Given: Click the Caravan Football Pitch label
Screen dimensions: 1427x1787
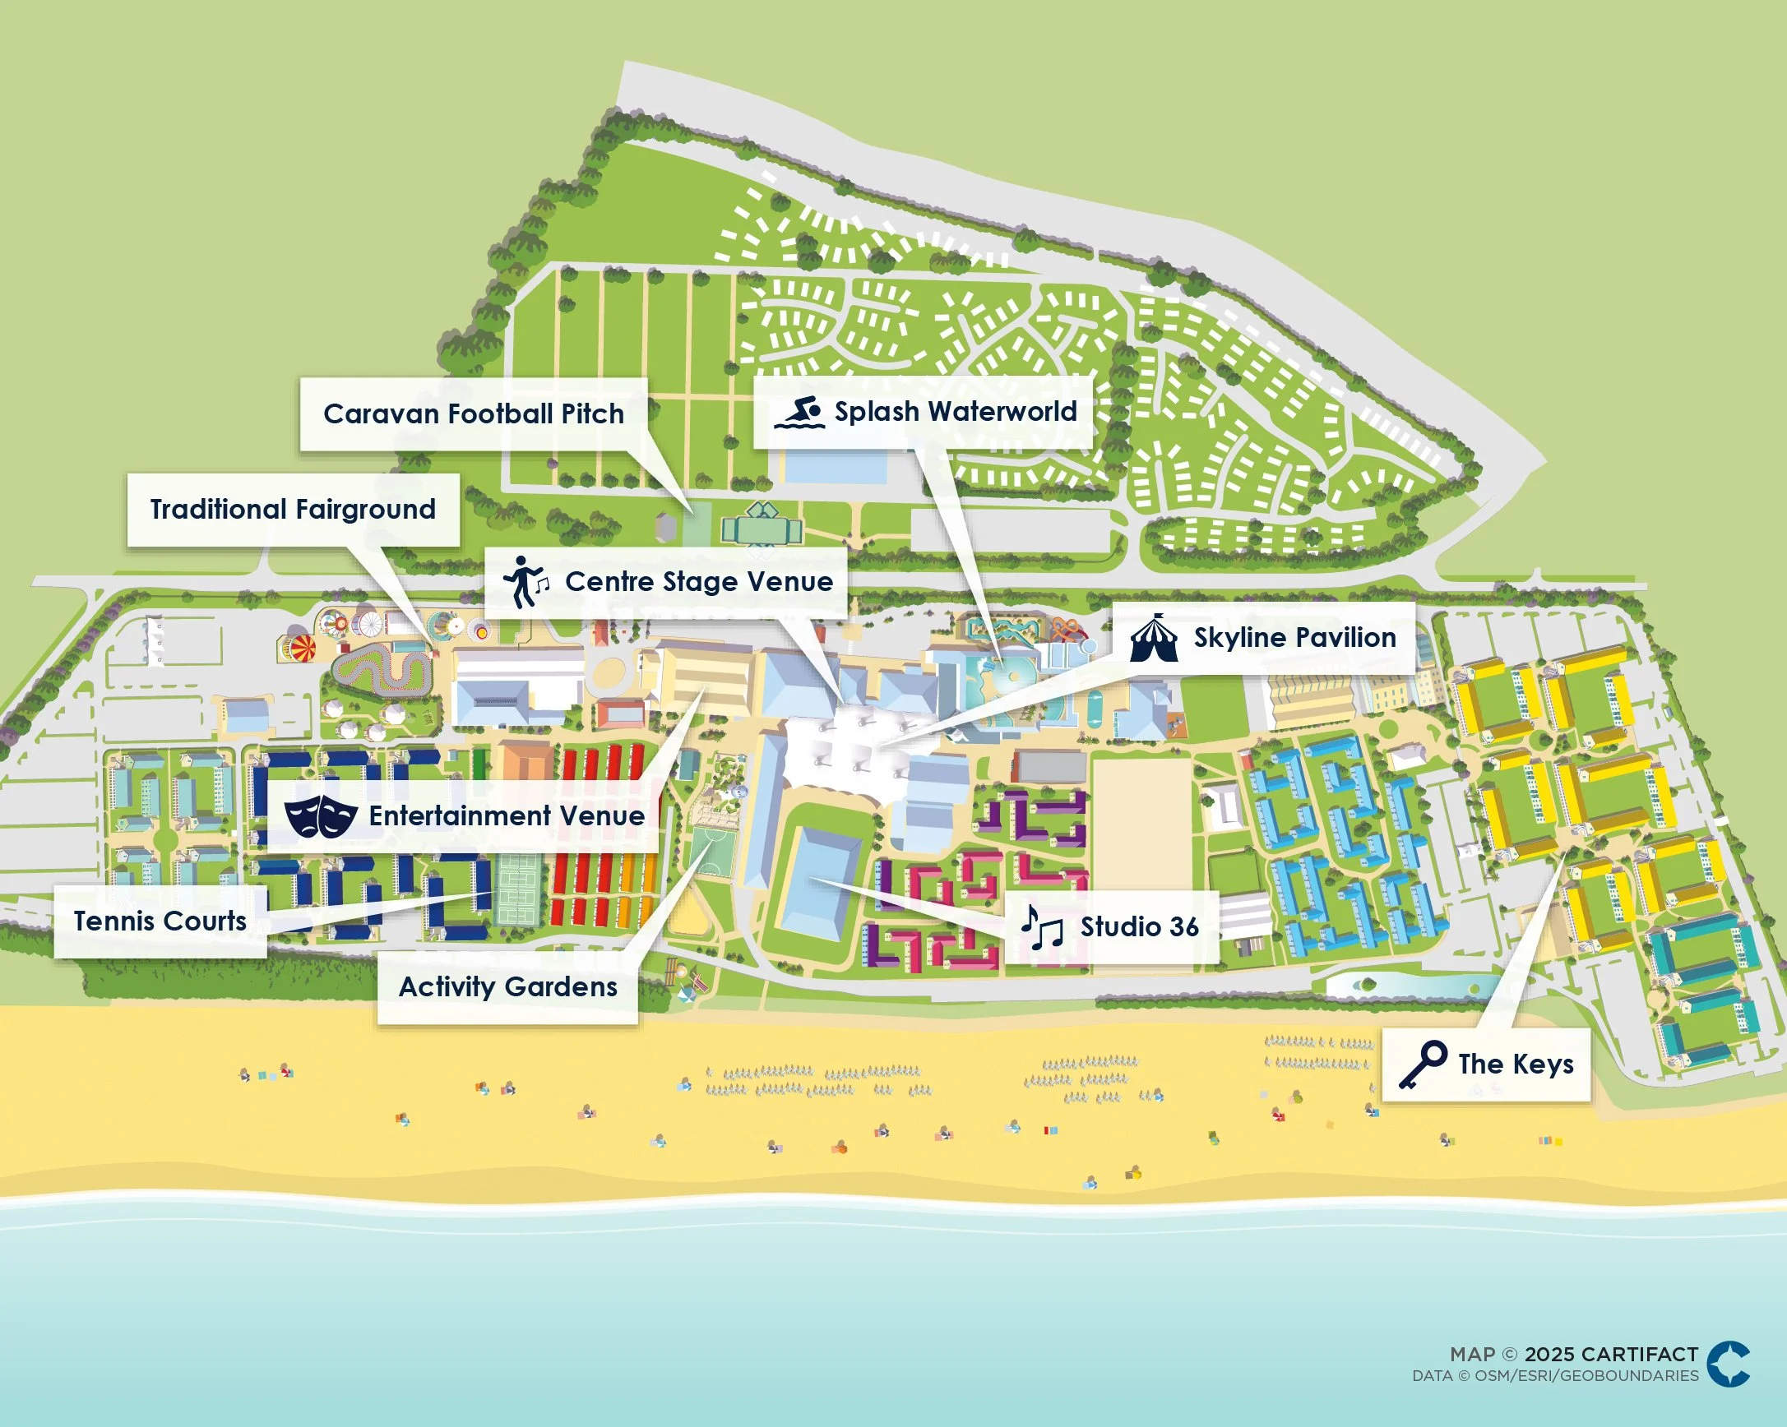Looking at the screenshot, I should [x=474, y=413].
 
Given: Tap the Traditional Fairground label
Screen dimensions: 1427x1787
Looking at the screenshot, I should [x=293, y=509].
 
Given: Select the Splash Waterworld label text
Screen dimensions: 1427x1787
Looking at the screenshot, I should [x=955, y=411].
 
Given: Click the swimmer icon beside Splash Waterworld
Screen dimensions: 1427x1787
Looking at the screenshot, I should [x=800, y=412].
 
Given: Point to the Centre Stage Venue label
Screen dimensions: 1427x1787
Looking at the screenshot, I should [x=699, y=582].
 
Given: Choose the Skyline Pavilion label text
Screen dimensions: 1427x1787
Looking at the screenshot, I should [x=1294, y=637].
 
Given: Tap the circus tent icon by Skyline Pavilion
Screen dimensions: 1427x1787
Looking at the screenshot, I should [x=1154, y=638].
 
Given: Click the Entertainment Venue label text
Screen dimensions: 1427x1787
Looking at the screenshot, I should [x=507, y=815].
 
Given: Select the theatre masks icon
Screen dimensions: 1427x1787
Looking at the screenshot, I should [x=321, y=816].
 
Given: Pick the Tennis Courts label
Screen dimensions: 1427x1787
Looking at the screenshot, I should [x=160, y=921].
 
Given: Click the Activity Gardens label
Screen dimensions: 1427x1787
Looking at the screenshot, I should [x=507, y=986].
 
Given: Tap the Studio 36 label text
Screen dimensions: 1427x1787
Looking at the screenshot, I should [x=1139, y=926].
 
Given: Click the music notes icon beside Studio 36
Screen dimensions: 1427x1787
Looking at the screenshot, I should [x=1041, y=927].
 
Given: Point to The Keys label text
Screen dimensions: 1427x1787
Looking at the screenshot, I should [x=1515, y=1064].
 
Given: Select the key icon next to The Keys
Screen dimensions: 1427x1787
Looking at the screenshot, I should [x=1423, y=1064].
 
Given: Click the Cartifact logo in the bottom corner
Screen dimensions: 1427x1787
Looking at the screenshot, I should [x=1728, y=1364].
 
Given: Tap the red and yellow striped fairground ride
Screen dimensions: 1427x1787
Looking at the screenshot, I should [x=297, y=648].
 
